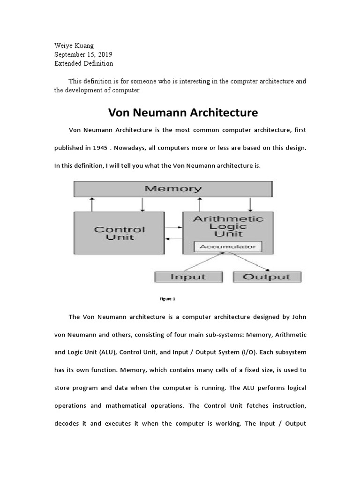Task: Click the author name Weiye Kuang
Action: coord(74,45)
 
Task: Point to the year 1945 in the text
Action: coord(99,148)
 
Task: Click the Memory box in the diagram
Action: coord(173,189)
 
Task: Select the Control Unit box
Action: coord(119,233)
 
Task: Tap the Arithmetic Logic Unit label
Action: coord(228,226)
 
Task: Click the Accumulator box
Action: coord(228,247)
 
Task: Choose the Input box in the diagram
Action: coord(187,277)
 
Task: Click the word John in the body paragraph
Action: coord(298,317)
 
